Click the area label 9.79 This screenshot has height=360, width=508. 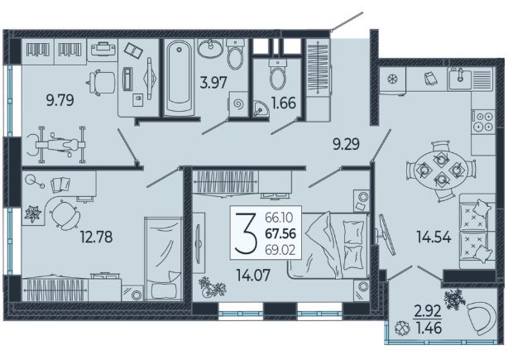pyautogui.click(x=60, y=100)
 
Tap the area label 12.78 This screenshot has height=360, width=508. pyautogui.click(x=97, y=237)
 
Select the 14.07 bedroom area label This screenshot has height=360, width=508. pyautogui.click(x=253, y=276)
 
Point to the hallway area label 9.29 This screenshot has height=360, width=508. pyautogui.click(x=347, y=144)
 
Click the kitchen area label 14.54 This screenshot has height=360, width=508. pyautogui.click(x=434, y=238)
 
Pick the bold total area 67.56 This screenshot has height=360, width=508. pyautogui.click(x=280, y=233)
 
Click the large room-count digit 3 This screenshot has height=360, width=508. pyautogui.click(x=246, y=233)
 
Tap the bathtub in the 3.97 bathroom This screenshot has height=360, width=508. pyautogui.click(x=179, y=77)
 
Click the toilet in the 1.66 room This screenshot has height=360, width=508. pyautogui.click(x=278, y=74)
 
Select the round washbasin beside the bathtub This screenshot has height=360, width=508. pyautogui.click(x=210, y=49)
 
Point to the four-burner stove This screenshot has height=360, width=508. pyautogui.click(x=483, y=122)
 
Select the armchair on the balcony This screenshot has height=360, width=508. pyautogui.click(x=482, y=318)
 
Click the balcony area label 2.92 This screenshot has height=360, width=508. pyautogui.click(x=428, y=311)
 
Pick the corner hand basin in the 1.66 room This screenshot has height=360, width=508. pyautogui.click(x=261, y=108)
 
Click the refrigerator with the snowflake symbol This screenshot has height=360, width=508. pyautogui.click(x=392, y=79)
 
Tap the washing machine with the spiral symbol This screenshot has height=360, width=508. pyautogui.click(x=238, y=103)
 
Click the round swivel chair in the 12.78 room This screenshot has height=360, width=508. pyautogui.click(x=65, y=215)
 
